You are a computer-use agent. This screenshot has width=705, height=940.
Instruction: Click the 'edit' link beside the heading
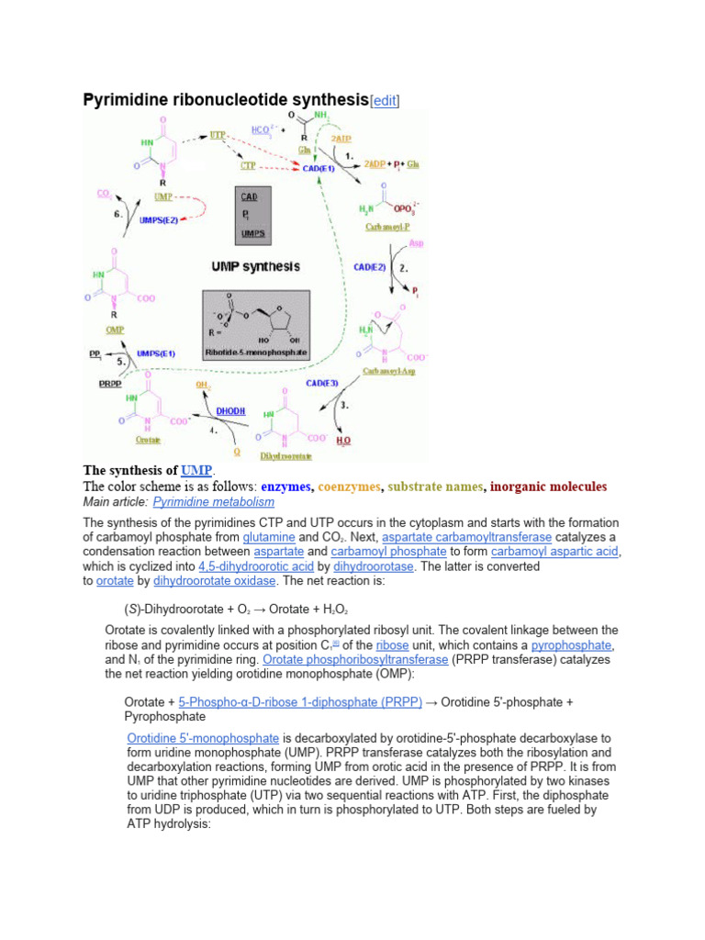pos(384,99)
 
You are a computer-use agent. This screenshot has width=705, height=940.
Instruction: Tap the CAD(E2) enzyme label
pos(371,267)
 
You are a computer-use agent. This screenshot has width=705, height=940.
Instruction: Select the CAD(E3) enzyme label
pos(322,382)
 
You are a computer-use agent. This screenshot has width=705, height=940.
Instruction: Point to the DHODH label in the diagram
pos(230,411)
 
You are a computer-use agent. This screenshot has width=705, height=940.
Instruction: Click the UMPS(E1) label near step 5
pos(156,352)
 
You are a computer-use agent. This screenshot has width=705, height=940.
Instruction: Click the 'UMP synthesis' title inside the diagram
pos(256,266)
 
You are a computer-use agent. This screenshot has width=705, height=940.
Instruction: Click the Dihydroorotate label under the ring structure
pos(285,455)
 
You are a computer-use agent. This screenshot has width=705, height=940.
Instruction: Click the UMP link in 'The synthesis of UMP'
pos(196,470)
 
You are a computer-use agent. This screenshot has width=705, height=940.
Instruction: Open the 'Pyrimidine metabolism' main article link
pos(213,502)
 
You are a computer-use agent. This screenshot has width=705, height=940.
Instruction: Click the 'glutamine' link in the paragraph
pos(269,536)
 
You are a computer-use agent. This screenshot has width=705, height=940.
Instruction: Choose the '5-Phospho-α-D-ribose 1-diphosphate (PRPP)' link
pos(300,702)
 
